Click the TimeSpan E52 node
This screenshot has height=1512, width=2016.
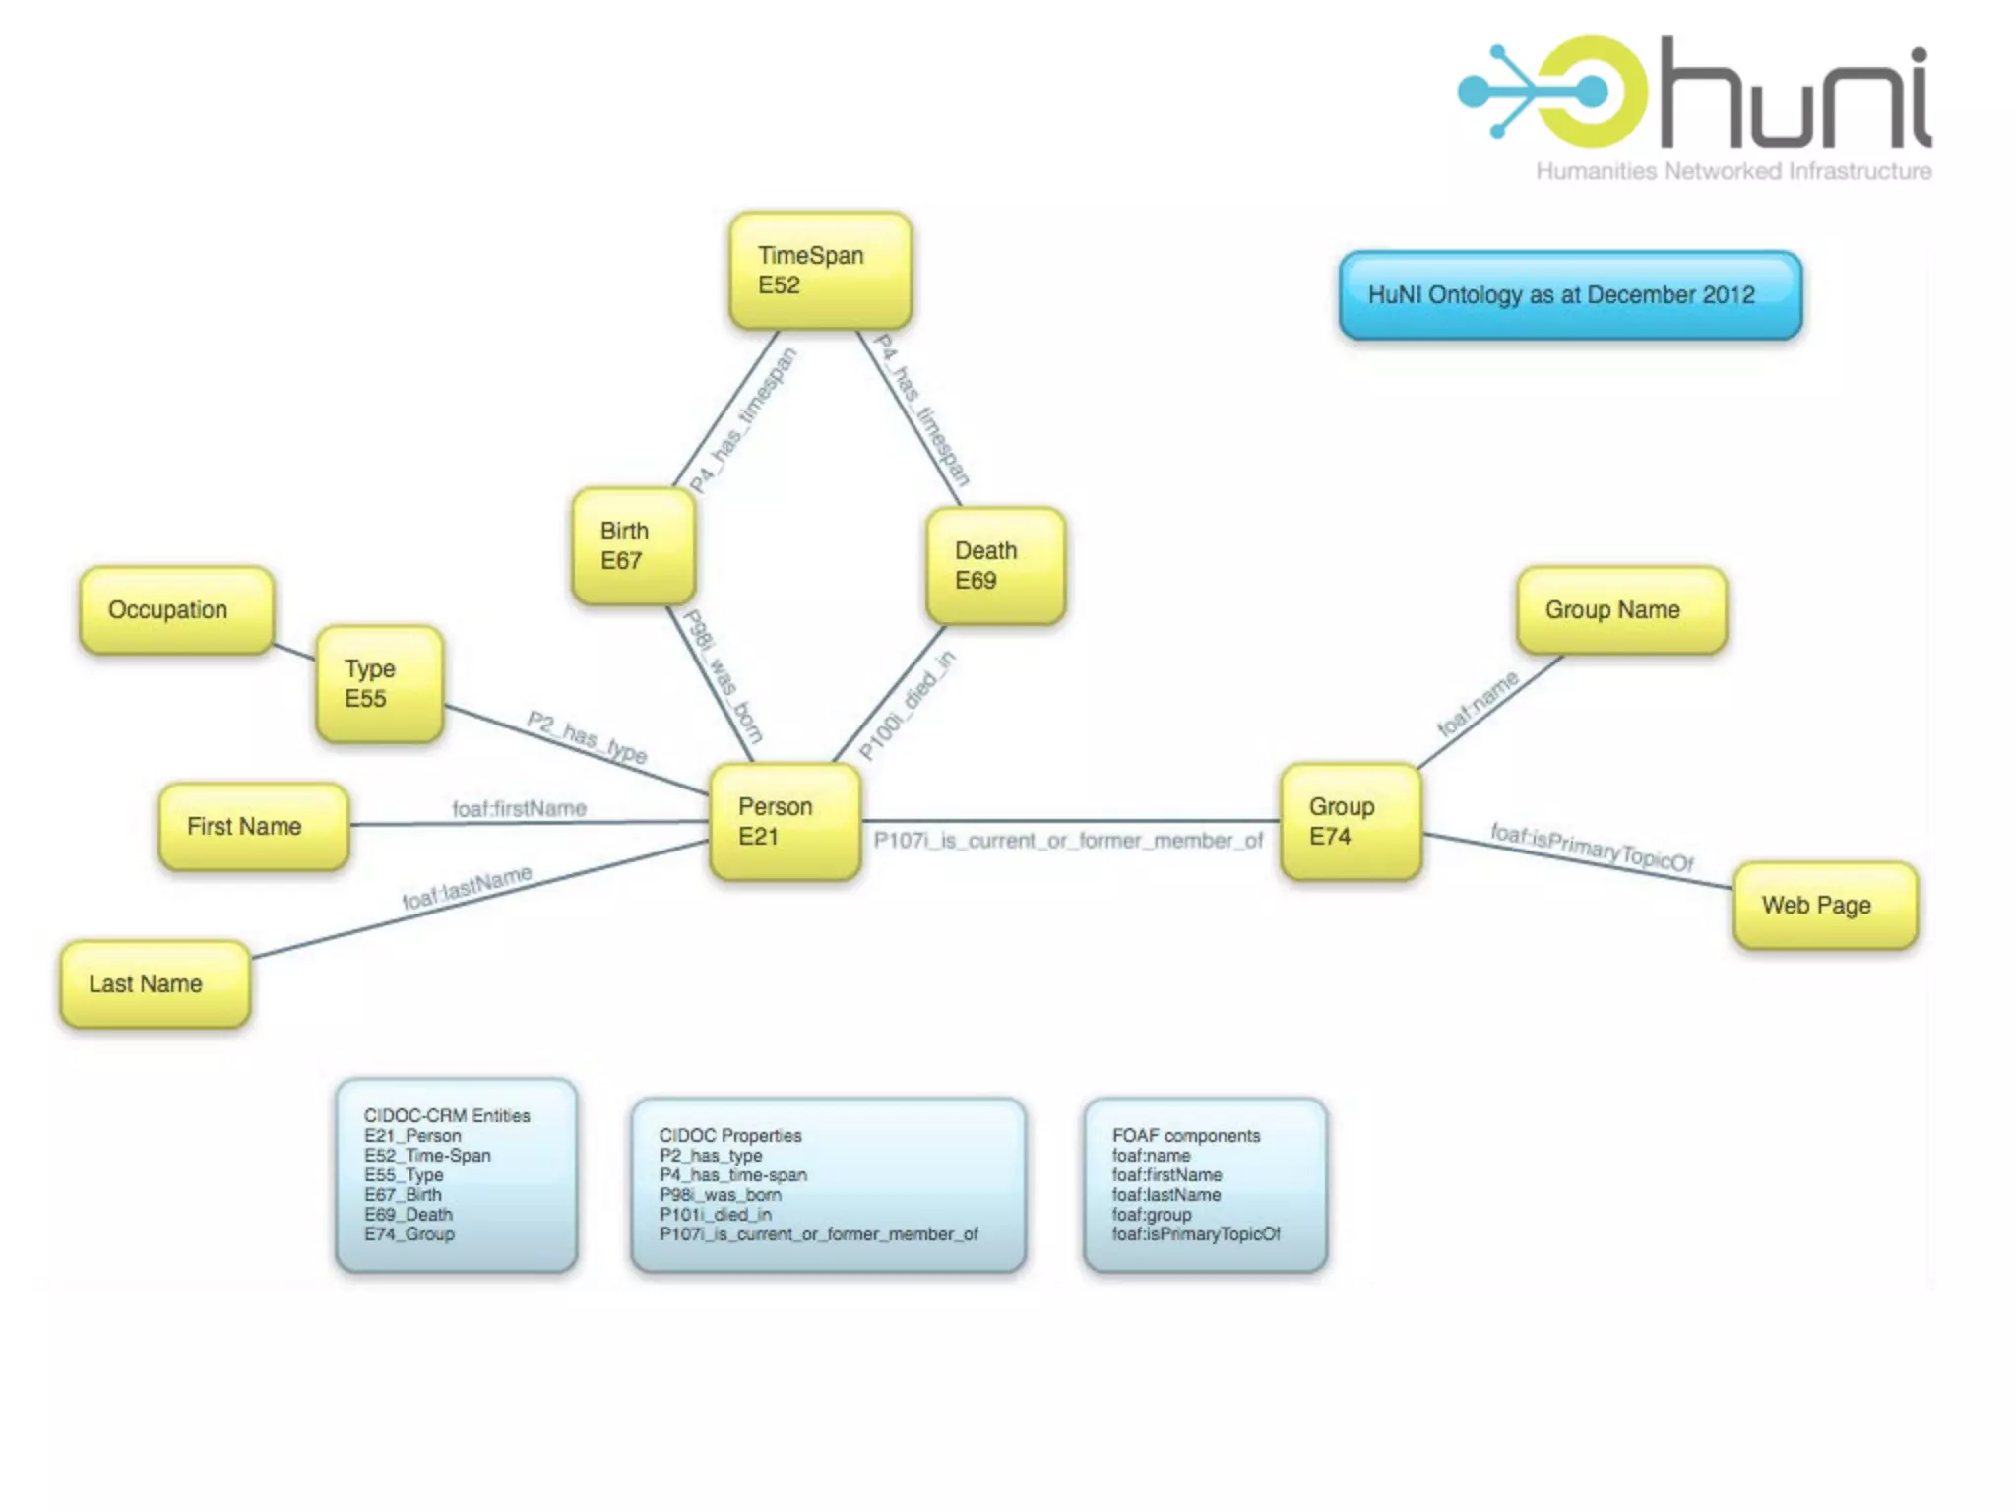(x=820, y=270)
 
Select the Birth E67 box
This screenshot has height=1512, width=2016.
(x=634, y=545)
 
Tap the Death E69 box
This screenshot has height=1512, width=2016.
(x=995, y=565)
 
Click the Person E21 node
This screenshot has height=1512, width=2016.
(x=785, y=821)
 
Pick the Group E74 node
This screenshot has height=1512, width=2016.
(x=1351, y=821)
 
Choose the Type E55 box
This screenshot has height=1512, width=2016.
(x=380, y=683)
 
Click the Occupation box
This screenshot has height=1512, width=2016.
(x=176, y=609)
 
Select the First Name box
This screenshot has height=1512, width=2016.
(x=253, y=826)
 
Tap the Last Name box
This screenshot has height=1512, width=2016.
(x=155, y=983)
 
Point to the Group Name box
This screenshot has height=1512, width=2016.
(x=1621, y=609)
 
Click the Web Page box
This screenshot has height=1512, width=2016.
(x=1825, y=905)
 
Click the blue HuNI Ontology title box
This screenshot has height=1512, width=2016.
(x=1570, y=294)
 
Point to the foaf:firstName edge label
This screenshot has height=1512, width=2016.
(x=519, y=808)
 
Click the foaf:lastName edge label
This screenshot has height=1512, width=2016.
(x=467, y=887)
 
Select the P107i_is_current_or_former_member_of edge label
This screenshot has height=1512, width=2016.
(x=1068, y=841)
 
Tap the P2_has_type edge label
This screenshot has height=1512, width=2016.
(x=587, y=736)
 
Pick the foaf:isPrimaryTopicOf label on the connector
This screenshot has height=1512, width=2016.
(x=1592, y=848)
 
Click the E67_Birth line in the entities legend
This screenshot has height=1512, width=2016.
(x=403, y=1194)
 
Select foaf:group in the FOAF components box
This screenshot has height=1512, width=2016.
(x=1152, y=1214)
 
